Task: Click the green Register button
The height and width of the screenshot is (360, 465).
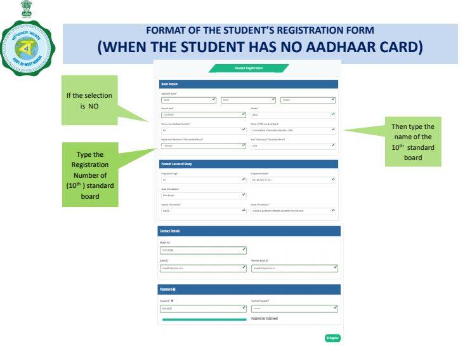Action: (332, 338)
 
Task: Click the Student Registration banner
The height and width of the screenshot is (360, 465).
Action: (249, 68)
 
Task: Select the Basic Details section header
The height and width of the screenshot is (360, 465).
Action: (249, 84)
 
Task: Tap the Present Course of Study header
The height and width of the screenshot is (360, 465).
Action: (249, 164)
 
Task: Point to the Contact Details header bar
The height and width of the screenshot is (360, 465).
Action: (249, 231)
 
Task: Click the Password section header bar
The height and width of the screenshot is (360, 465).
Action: (249, 290)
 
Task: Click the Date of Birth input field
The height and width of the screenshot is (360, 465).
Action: (202, 115)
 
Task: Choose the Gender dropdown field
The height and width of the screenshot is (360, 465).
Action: (293, 115)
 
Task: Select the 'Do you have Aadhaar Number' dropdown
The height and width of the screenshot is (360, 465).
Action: (202, 130)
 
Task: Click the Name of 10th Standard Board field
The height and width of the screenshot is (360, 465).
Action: (293, 130)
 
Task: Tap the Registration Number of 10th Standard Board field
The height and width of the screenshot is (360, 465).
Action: (202, 145)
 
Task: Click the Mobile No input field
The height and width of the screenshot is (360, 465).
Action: (202, 250)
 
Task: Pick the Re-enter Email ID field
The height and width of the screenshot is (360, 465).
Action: (294, 268)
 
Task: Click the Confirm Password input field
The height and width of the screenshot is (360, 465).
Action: (294, 309)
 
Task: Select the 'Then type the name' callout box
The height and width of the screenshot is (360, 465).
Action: (413, 142)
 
